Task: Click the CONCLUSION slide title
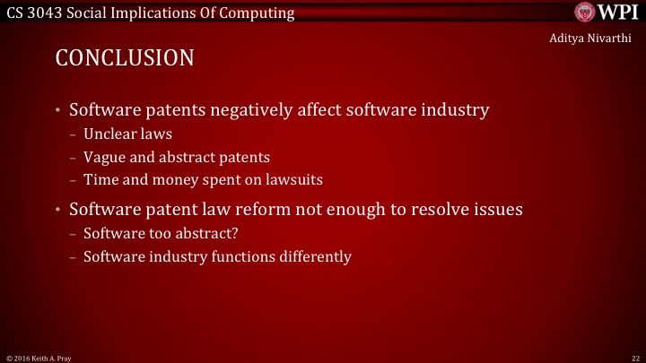tap(125, 59)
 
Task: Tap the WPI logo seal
tap(584, 13)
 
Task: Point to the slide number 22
tap(634, 357)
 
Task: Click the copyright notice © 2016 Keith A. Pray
tap(39, 357)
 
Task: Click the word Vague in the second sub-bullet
tap(103, 157)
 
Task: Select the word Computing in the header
tap(262, 13)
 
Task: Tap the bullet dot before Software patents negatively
tap(57, 112)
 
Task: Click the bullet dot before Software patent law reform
tap(57, 211)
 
